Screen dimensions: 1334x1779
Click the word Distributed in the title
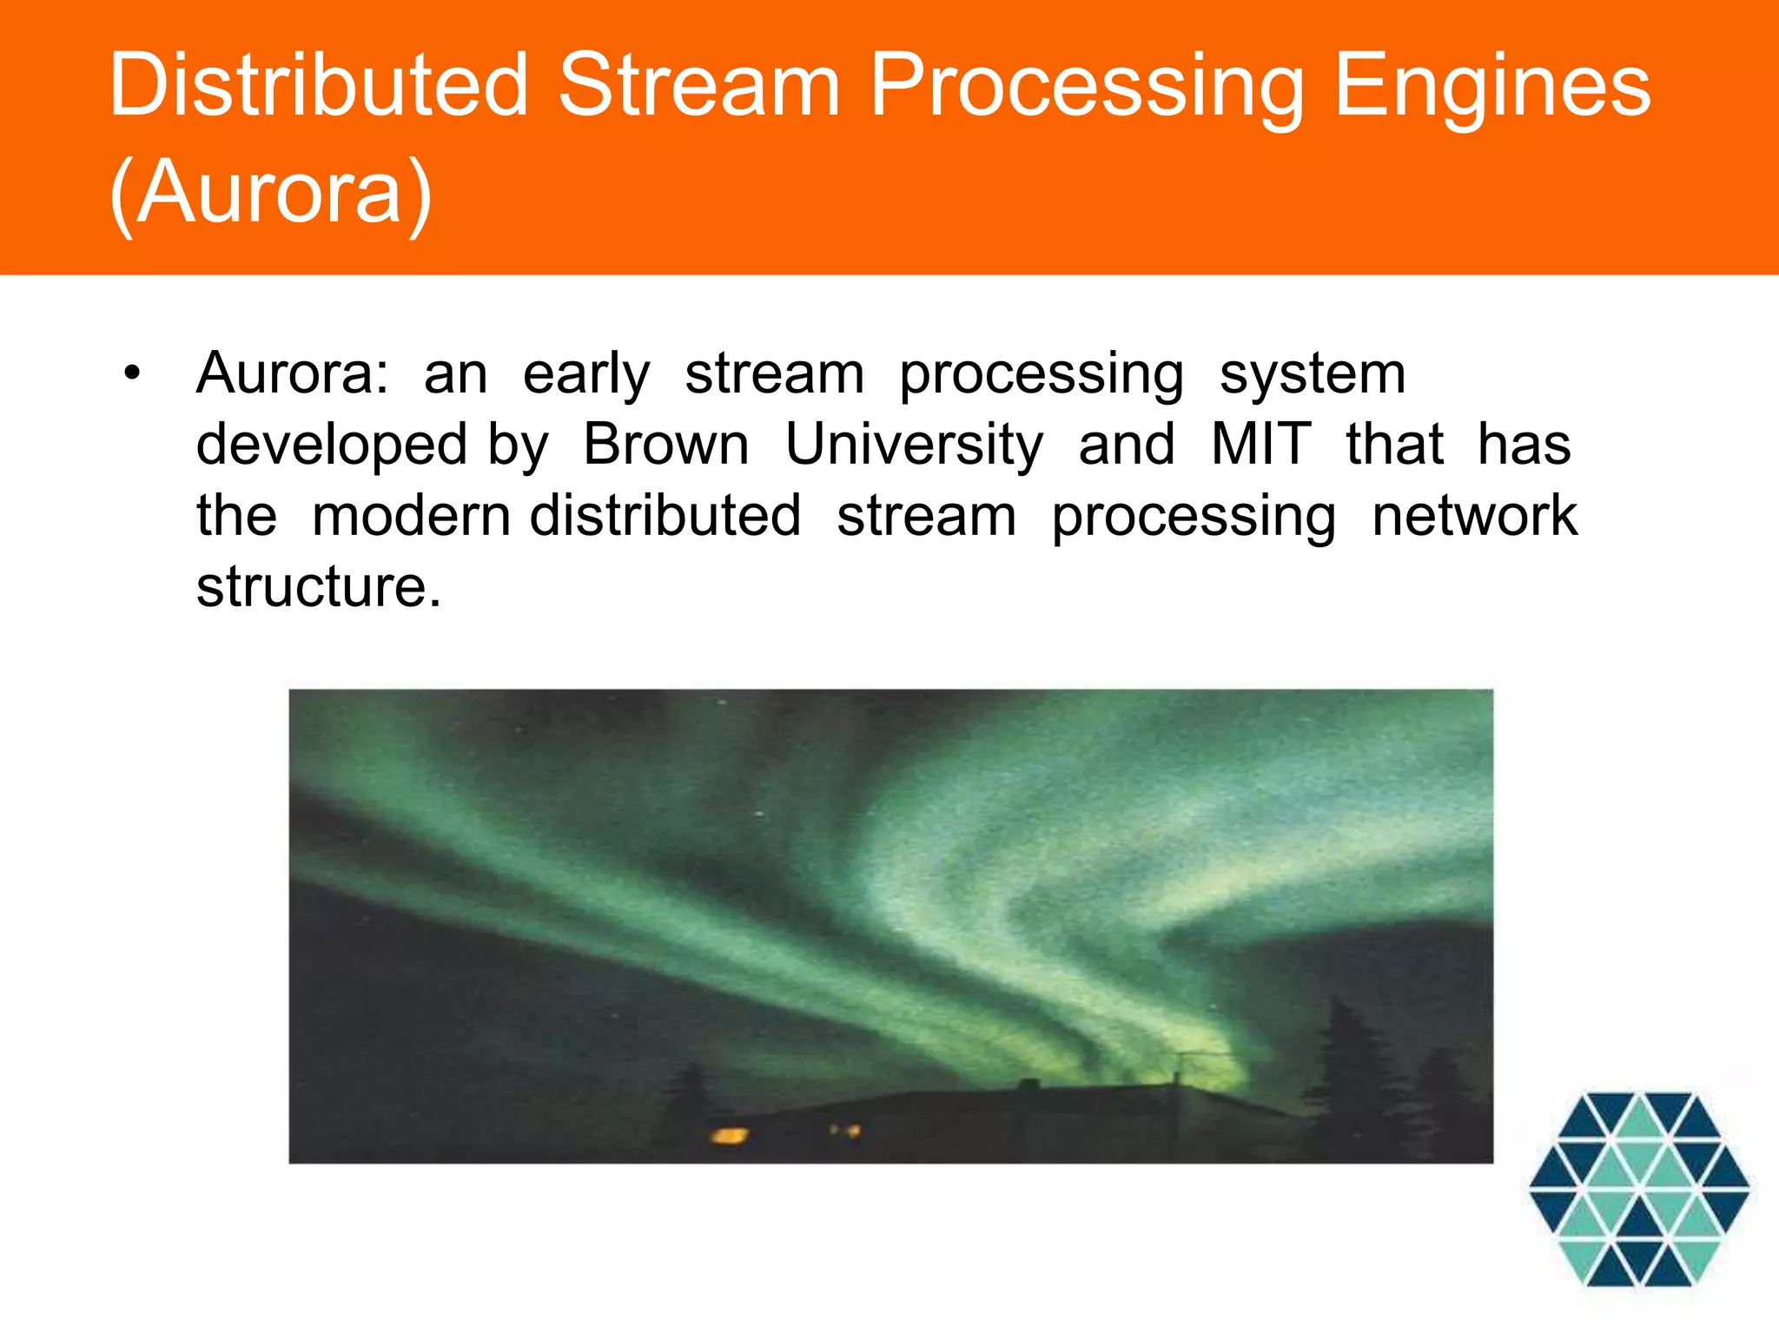pos(318,84)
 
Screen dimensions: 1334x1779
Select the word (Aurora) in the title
pos(271,193)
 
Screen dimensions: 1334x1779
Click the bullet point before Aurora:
pos(131,374)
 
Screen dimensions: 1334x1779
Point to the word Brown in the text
pos(665,445)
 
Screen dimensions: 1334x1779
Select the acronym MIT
pos(1260,445)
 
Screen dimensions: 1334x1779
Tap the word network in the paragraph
pos(1474,516)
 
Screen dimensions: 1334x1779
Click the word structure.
pos(319,587)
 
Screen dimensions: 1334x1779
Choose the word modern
pos(410,516)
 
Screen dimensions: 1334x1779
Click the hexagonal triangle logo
pos(1638,1189)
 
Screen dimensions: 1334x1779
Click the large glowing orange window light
pos(728,1135)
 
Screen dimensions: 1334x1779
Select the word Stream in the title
pos(698,84)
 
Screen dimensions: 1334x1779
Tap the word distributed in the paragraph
pos(665,516)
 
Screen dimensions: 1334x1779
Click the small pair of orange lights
pos(844,1131)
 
